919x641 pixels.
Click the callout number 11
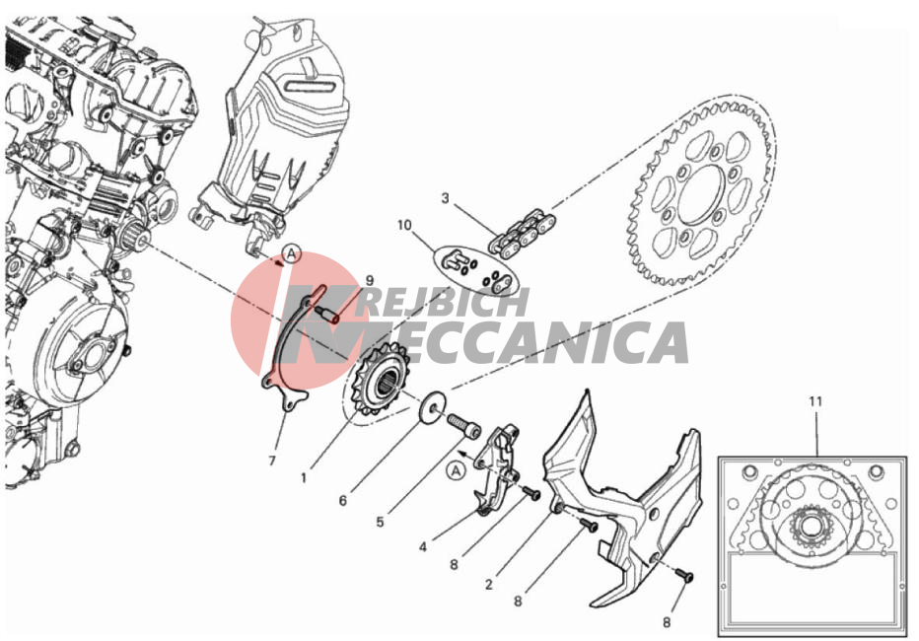tap(815, 402)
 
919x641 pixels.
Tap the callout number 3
tap(445, 198)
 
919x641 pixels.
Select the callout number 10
tap(404, 226)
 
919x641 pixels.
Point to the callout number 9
tap(369, 281)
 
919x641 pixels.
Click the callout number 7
tap(272, 462)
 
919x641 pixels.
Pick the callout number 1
tap(304, 478)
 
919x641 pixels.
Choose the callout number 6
tap(343, 500)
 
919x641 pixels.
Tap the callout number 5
tap(380, 522)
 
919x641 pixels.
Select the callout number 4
tap(423, 547)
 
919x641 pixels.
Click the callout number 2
tap(489, 584)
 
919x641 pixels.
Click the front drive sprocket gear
tap(378, 380)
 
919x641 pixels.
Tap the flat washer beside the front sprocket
tap(434, 405)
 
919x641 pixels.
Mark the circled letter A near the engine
tap(291, 254)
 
